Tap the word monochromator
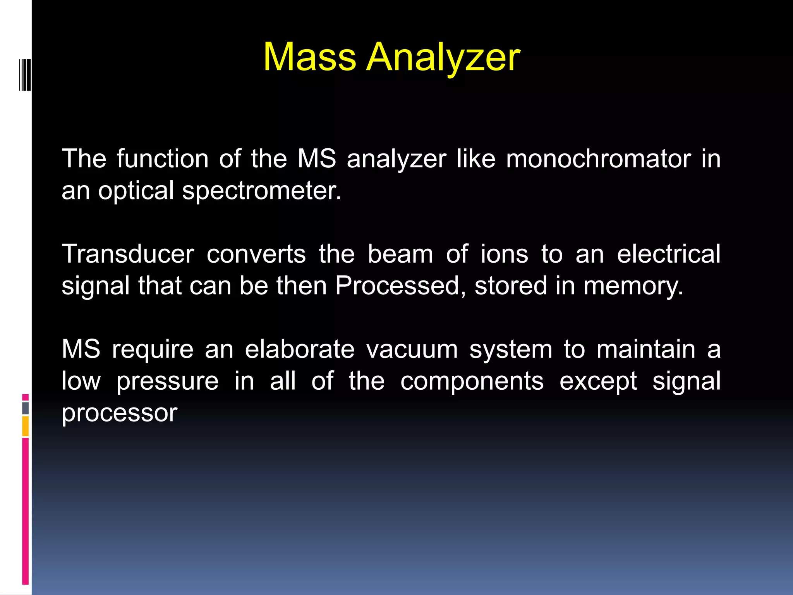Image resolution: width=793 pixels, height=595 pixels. tap(598, 159)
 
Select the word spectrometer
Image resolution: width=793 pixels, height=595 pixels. tap(262, 191)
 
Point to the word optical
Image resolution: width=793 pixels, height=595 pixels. tap(136, 191)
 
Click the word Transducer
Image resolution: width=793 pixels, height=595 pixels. tap(128, 254)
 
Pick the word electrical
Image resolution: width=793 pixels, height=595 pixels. tap(668, 254)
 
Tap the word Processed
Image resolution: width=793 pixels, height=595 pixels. tap(401, 286)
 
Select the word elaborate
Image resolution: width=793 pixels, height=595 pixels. tap(300, 349)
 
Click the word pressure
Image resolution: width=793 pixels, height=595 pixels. tap(167, 382)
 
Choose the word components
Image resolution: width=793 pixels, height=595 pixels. tap(472, 382)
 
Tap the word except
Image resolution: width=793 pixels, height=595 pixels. tap(598, 382)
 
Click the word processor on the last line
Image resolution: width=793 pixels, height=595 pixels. tap(119, 413)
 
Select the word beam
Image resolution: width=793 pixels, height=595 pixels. tap(400, 254)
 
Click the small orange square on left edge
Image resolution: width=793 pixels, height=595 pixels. tap(25, 426)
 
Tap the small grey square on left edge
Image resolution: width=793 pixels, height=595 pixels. tap(25, 408)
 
